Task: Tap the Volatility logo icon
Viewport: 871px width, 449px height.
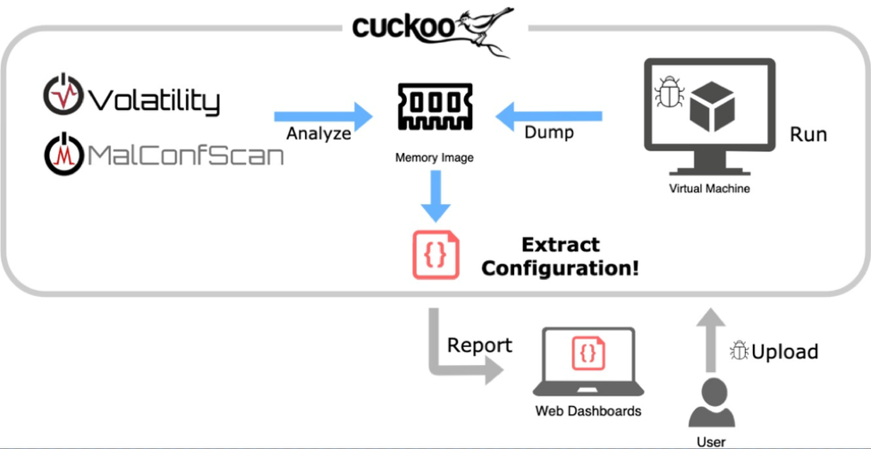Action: [x=63, y=95]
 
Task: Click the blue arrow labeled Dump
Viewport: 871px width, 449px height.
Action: [x=549, y=116]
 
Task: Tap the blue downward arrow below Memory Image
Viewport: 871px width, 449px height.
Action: [x=436, y=195]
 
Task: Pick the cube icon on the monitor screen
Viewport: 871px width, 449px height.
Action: [x=712, y=106]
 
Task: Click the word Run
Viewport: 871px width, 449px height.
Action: [x=808, y=134]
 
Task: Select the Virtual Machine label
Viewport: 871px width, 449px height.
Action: [x=709, y=189]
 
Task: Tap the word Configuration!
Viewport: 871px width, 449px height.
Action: [x=561, y=268]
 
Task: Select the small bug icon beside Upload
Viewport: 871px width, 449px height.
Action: [x=740, y=351]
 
